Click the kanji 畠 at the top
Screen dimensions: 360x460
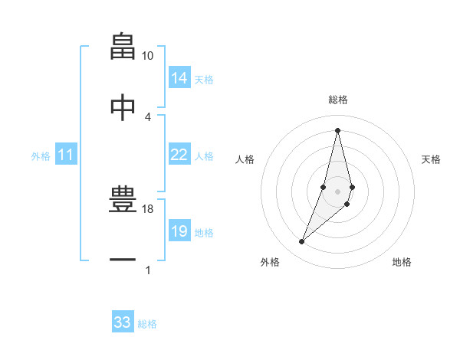(123, 46)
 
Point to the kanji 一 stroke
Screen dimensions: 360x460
(123, 260)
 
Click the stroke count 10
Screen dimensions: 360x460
(148, 56)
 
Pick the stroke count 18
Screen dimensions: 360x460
(148, 209)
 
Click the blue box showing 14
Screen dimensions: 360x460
(179, 78)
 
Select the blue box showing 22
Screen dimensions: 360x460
(179, 155)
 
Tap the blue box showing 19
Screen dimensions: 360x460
(179, 231)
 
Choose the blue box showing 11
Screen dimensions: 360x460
(66, 155)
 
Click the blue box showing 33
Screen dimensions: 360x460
(123, 322)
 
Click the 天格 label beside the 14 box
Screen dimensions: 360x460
(204, 80)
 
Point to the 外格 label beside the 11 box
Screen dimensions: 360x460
(41, 156)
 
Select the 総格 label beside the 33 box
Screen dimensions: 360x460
(147, 324)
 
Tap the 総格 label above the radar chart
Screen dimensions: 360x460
(337, 100)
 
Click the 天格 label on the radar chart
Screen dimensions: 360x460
(432, 159)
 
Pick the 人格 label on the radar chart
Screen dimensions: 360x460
(245, 159)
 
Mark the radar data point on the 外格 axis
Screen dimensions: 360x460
(302, 242)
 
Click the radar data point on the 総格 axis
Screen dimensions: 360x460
(337, 130)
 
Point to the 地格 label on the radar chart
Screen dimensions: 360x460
(402, 263)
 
